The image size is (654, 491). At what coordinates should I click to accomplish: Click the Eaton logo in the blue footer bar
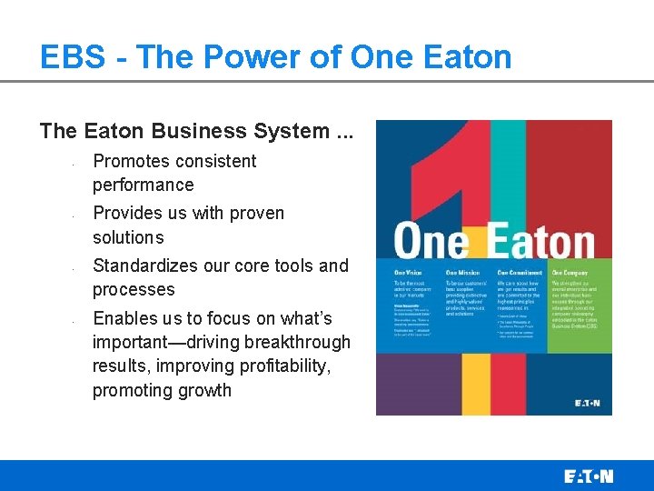click(588, 476)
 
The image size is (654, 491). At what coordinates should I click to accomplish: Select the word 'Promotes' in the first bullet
click(131, 161)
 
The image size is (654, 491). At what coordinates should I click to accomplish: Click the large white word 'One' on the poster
click(431, 244)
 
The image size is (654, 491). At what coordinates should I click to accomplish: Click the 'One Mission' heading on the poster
click(463, 273)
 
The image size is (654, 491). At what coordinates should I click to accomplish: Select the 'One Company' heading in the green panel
click(571, 273)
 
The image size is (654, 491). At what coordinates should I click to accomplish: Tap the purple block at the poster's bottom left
click(407, 382)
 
